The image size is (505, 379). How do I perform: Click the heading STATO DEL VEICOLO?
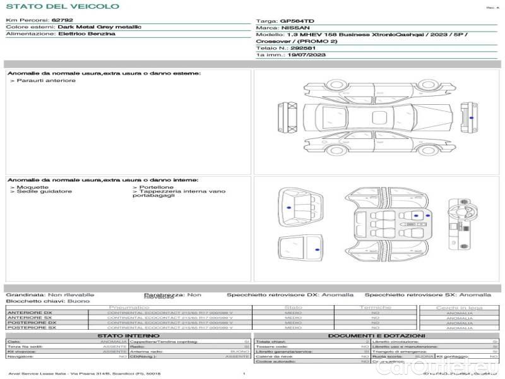tap(62, 6)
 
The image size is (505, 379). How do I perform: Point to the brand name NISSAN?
tap(295, 28)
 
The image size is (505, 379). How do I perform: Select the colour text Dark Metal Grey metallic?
tap(99, 27)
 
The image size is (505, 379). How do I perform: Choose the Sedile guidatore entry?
tap(44, 191)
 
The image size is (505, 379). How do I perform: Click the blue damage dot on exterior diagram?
tap(472, 117)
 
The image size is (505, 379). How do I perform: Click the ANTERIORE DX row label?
tap(30, 313)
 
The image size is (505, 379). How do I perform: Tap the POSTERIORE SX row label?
tap(31, 328)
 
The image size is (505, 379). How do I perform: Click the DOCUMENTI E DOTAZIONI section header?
tap(376, 335)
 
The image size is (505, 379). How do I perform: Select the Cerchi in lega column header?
tap(459, 308)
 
